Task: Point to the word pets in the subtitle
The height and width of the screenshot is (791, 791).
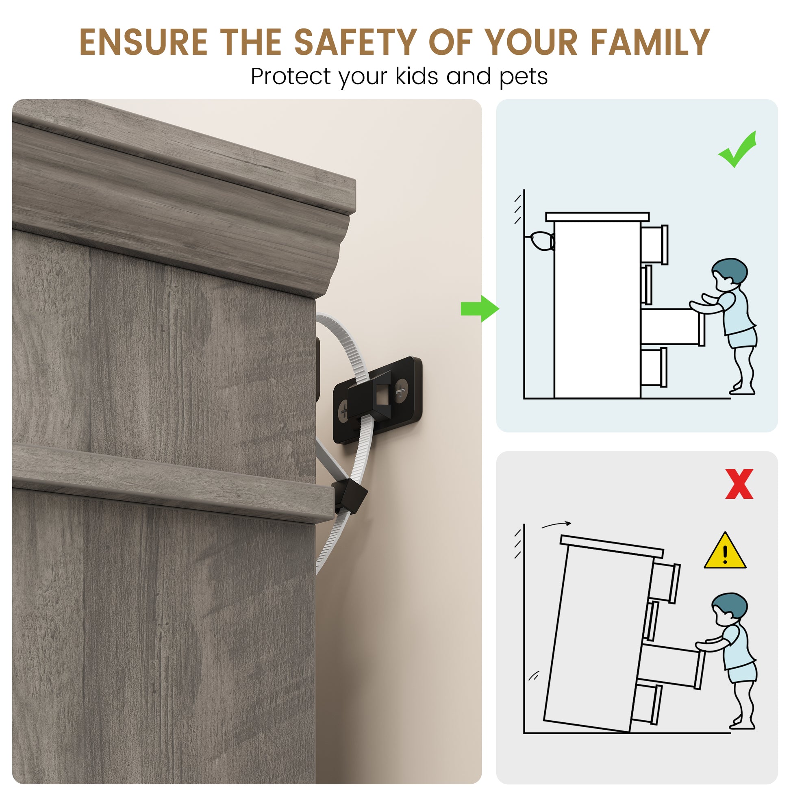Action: click(524, 78)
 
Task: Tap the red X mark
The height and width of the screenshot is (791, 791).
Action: click(739, 484)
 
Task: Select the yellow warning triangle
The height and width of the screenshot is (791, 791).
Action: click(725, 551)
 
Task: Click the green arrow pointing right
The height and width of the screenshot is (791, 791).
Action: click(480, 309)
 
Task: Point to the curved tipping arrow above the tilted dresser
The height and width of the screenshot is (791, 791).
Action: click(556, 524)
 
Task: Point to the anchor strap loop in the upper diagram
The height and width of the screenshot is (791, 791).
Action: click(541, 241)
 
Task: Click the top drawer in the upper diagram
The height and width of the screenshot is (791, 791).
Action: click(654, 244)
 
